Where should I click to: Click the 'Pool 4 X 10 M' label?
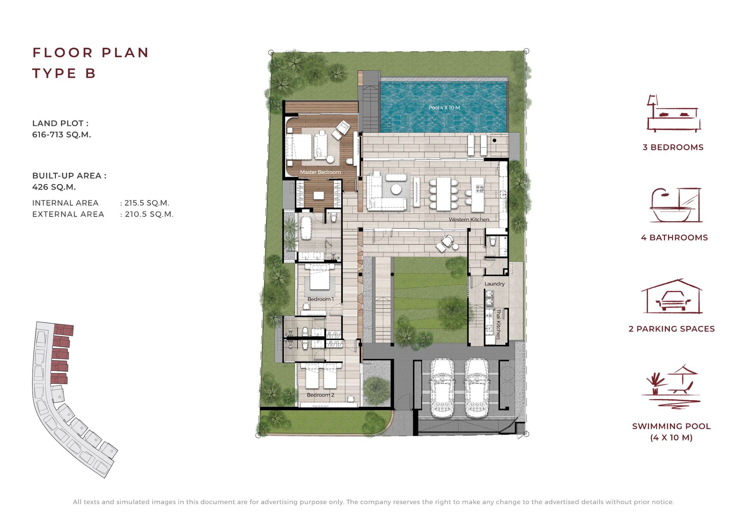pos(444,108)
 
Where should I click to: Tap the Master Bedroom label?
pos(320,172)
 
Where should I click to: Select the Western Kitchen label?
pos(469,219)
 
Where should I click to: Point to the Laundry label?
pos(495,284)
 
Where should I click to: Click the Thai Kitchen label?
pos(498,324)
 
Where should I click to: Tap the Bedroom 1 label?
pos(321,299)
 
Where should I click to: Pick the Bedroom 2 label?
pos(321,395)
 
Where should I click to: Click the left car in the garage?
pos(442,388)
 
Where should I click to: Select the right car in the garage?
pos(477,388)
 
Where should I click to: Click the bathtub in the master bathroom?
pos(306,228)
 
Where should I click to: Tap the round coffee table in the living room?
pos(396,189)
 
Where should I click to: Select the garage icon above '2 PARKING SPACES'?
pos(672,296)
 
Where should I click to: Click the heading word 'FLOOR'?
pos(63,52)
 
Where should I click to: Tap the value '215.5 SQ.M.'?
pos(147,203)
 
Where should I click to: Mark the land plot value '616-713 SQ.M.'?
pos(61,135)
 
